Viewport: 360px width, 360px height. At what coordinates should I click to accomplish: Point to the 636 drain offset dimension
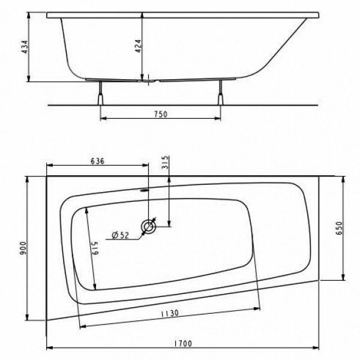click(98, 160)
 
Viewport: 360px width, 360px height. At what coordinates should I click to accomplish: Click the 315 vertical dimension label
click(166, 164)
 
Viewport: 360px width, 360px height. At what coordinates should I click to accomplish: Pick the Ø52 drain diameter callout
click(121, 235)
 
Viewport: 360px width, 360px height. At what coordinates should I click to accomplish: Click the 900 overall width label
click(23, 250)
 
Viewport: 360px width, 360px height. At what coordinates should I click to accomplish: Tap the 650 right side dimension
click(339, 229)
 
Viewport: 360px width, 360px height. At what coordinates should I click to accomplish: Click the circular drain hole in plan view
click(148, 227)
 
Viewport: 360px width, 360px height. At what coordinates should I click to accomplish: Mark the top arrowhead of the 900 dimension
click(28, 178)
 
